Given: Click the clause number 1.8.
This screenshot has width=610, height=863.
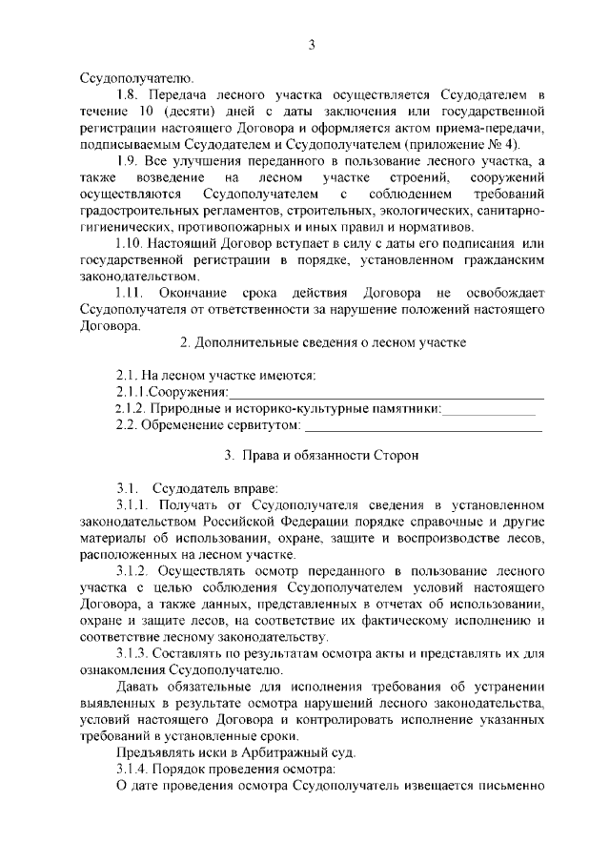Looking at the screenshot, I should click(x=127, y=96).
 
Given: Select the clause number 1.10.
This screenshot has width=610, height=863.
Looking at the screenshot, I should click(x=131, y=243).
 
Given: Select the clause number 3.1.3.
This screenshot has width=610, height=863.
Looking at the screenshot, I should click(x=132, y=653).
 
